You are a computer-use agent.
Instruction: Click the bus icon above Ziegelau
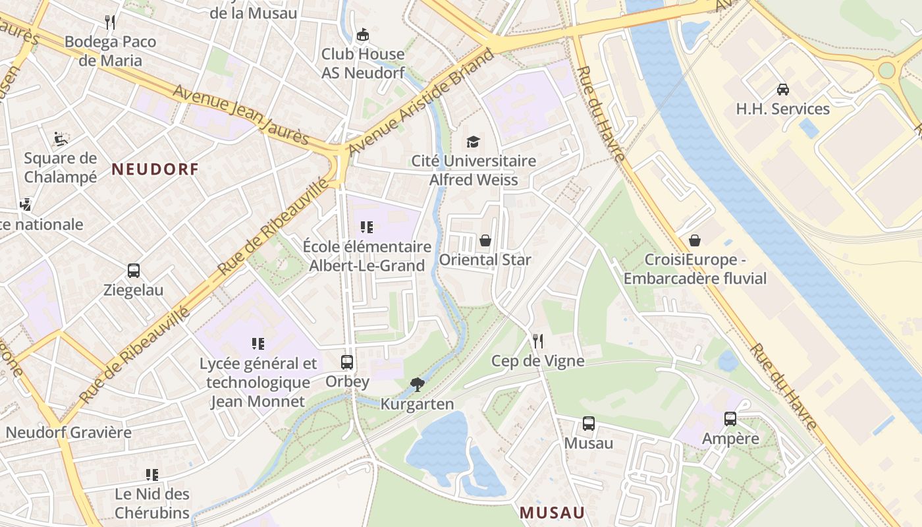coord(134,271)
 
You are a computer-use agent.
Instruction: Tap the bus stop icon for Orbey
coord(347,362)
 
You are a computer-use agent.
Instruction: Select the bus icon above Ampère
coord(730,419)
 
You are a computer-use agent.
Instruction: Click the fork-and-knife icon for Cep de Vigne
coord(538,341)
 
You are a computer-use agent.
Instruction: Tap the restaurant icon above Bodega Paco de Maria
coord(110,22)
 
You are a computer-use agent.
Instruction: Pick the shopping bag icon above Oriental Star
coord(485,240)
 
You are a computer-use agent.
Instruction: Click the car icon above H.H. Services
coord(783,90)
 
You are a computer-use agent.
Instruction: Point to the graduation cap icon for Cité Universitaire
coord(473,142)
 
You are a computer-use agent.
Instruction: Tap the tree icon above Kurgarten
coord(417,385)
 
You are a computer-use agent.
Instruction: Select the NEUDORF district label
coord(155,169)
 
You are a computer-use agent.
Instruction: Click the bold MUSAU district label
coord(552,513)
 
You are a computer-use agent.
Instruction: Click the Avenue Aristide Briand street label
coord(421,101)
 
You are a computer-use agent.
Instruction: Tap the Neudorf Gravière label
coord(68,433)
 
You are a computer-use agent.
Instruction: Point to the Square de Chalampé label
coord(61,167)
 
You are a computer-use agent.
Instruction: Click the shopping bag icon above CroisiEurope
coord(695,240)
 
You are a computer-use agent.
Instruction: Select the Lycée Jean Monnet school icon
coord(258,344)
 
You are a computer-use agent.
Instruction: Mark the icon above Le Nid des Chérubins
coord(152,475)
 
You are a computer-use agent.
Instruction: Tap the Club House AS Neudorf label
coord(363,63)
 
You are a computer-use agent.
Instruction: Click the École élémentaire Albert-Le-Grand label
coord(367,256)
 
